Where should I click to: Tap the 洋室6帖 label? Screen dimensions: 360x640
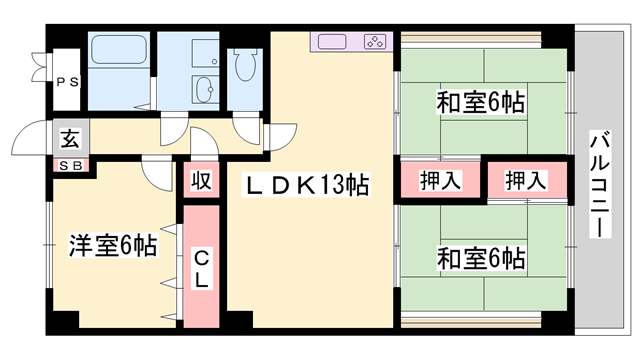(x=112, y=245)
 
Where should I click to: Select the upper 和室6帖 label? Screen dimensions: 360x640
(x=481, y=103)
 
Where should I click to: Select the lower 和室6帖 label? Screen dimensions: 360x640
(x=481, y=258)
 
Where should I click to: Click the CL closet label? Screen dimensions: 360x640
(x=201, y=267)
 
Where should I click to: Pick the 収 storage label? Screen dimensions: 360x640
(x=201, y=181)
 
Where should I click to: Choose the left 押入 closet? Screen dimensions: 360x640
(x=440, y=181)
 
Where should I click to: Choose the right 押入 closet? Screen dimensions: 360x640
(x=526, y=181)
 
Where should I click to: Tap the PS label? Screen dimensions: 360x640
(x=66, y=83)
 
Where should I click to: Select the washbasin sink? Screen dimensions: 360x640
(x=205, y=89)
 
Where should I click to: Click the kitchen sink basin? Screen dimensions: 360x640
(x=332, y=43)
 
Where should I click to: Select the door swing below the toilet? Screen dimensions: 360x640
(x=246, y=130)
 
